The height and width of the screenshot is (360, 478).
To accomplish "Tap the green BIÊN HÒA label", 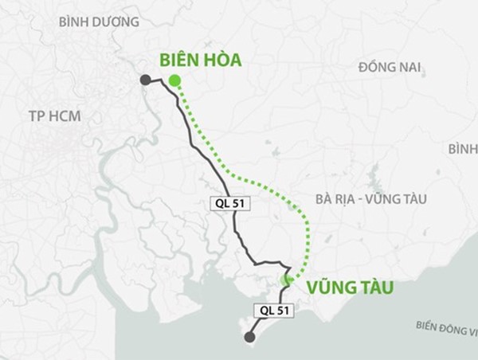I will click(x=200, y=61).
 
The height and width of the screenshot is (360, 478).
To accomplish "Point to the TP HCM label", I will click(x=55, y=116).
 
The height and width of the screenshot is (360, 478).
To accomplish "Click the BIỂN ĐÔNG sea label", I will click(x=446, y=327).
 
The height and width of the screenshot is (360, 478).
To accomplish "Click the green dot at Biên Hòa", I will click(x=174, y=80).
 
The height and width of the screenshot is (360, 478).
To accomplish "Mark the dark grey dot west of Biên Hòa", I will click(x=145, y=79).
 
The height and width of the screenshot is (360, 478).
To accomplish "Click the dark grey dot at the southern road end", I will click(x=250, y=338).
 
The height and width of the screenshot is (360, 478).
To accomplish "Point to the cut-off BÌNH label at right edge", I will click(x=462, y=149).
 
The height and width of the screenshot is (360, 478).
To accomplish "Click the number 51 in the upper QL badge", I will click(x=241, y=202).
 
